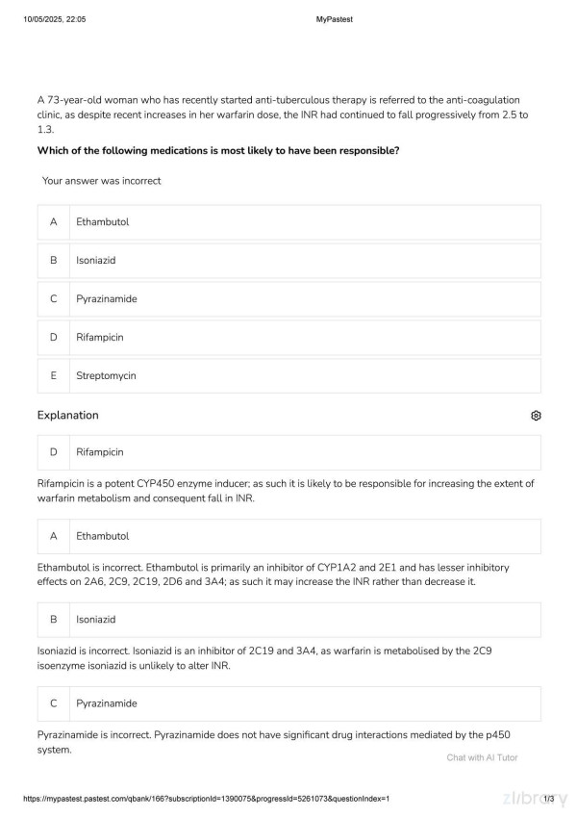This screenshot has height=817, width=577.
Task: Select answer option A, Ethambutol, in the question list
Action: [288, 222]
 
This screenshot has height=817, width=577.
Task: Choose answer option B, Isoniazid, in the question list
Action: [288, 261]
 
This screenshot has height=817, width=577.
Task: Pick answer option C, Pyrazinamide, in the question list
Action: [288, 299]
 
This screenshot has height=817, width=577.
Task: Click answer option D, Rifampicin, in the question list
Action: [288, 338]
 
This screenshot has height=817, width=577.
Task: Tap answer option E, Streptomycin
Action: [288, 376]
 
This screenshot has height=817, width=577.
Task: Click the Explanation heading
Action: [67, 416]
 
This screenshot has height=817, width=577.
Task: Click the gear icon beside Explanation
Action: [536, 416]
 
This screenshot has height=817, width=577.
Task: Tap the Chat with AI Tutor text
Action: [482, 757]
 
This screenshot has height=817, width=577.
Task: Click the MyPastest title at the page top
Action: [334, 19]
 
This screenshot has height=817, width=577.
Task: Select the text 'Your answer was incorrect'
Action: [101, 181]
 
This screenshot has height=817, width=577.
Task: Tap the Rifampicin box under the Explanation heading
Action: [288, 452]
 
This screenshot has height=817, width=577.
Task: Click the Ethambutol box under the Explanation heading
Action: [288, 536]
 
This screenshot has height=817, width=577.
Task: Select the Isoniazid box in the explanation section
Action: [288, 620]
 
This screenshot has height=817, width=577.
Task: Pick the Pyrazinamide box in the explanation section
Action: [288, 703]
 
